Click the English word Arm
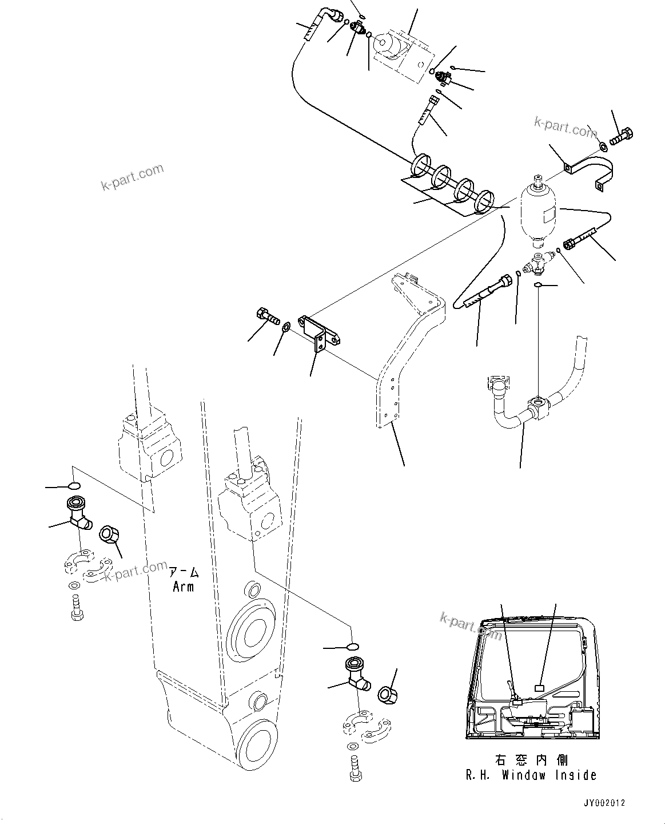tap(183, 587)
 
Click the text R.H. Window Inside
tap(531, 775)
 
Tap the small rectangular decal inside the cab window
tap(539, 689)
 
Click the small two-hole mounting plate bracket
tap(320, 333)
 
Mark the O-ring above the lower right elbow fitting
tap(352, 646)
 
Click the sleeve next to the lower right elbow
tap(388, 694)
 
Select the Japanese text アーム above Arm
tap(183, 572)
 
